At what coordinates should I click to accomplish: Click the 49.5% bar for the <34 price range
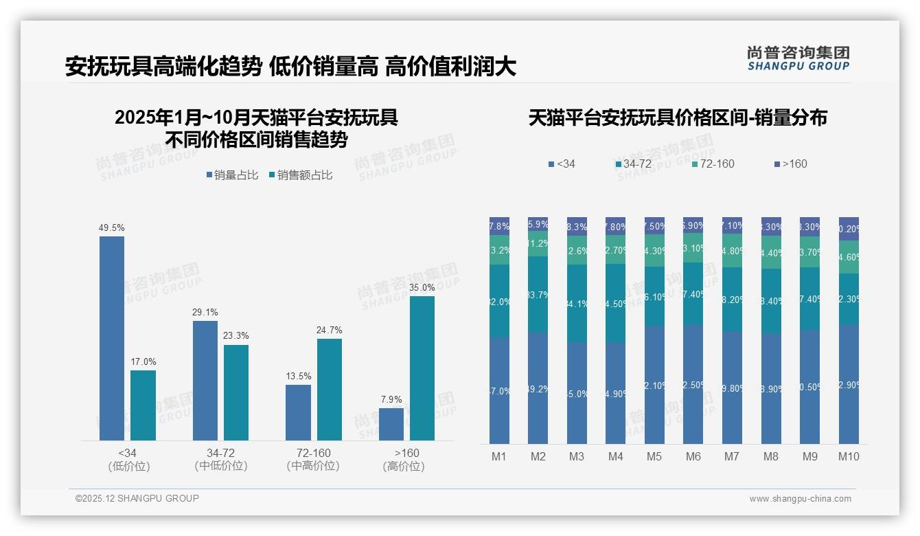[x=112, y=338]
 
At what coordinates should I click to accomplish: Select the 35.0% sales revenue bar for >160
[x=422, y=368]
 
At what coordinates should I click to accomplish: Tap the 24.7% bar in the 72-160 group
[x=330, y=389]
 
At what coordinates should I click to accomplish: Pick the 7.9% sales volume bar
[x=391, y=424]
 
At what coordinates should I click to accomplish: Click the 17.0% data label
[x=143, y=362]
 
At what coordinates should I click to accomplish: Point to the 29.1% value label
[x=205, y=313]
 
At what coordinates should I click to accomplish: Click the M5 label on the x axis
[x=654, y=456]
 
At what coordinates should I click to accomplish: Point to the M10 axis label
[x=849, y=456]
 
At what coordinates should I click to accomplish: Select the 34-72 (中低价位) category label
[x=220, y=459]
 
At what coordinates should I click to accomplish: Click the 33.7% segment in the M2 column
[x=538, y=295]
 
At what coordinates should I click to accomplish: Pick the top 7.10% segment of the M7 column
[x=732, y=225]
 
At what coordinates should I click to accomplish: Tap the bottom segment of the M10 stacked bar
[x=849, y=384]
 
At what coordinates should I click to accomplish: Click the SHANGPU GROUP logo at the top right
[x=798, y=58]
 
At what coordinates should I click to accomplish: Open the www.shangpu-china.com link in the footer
[x=800, y=499]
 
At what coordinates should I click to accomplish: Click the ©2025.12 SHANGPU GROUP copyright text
[x=137, y=498]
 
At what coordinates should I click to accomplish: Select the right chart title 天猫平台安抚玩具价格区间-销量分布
[x=677, y=118]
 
